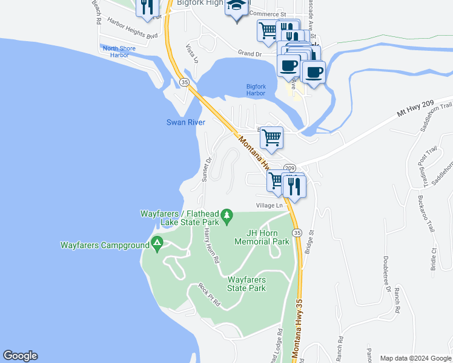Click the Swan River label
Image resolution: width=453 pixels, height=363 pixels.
[x=186, y=122]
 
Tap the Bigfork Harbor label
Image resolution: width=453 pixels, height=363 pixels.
[x=256, y=90]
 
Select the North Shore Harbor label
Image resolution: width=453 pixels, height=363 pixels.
[x=119, y=51]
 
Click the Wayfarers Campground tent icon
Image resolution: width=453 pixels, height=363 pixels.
[x=157, y=244]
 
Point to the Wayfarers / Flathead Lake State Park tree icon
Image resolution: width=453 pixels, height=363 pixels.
[x=227, y=215]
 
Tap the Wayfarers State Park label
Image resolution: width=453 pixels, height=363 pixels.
[x=246, y=284]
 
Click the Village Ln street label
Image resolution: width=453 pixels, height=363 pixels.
[x=269, y=206]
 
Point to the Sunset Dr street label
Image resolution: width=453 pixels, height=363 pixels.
[x=206, y=169]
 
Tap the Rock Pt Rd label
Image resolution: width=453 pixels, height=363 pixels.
[x=207, y=295]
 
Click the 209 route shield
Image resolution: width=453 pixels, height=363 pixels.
[x=289, y=168]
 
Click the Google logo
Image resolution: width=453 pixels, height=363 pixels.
[x=20, y=356]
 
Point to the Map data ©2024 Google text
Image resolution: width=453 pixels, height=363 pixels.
[x=414, y=358]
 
